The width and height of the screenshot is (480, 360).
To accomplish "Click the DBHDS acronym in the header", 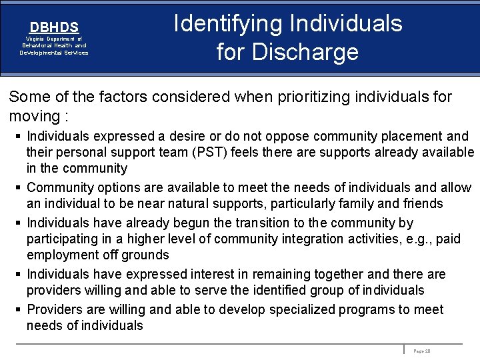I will [54, 27].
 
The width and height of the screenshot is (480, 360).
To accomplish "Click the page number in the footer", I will [423, 350].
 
